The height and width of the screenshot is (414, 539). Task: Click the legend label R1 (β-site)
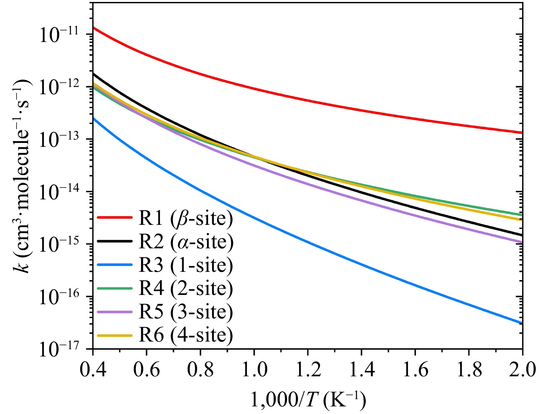point(186,219)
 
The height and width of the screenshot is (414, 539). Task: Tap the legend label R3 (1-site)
point(186,265)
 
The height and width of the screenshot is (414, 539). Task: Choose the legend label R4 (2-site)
point(186,288)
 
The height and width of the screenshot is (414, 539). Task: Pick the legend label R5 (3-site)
point(186,312)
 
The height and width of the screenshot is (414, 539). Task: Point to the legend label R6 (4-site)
point(186,335)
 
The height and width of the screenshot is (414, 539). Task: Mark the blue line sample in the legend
point(114,265)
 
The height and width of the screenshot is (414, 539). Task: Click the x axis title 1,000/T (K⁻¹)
point(308,400)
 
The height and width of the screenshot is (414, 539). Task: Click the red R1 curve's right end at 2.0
point(521,133)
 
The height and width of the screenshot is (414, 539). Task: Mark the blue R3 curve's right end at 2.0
point(521,323)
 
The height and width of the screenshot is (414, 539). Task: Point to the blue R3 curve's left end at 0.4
point(94,118)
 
